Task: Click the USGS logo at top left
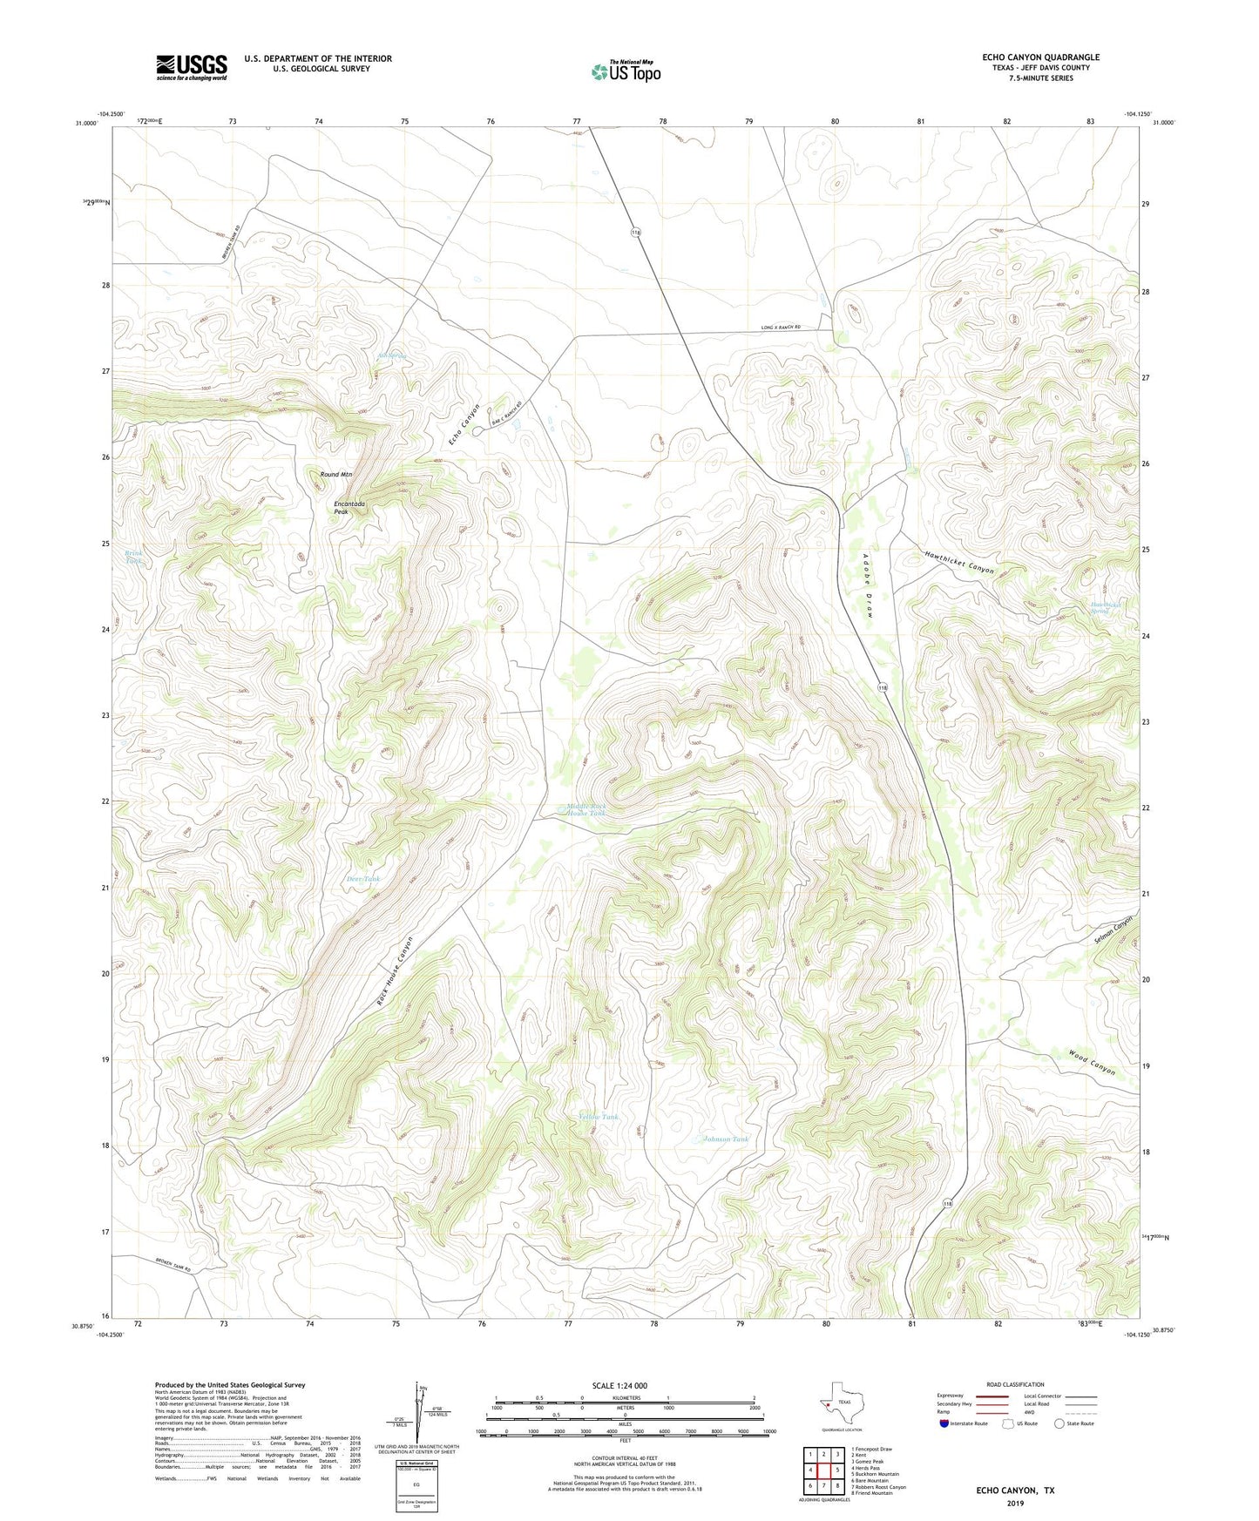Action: [x=192, y=67]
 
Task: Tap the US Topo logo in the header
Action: [x=626, y=71]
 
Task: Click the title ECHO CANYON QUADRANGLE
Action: [x=1040, y=57]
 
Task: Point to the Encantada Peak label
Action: [x=349, y=508]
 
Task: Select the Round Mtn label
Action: [x=336, y=475]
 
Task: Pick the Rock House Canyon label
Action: [x=395, y=972]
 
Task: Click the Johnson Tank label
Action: [x=726, y=1139]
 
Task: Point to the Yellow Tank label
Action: [x=599, y=1117]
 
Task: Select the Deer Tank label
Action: [x=363, y=879]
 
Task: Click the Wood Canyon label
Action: [x=1092, y=1063]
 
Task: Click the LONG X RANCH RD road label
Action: [x=780, y=328]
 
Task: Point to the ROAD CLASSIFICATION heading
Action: [x=1015, y=1384]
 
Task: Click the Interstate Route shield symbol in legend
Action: [x=944, y=1423]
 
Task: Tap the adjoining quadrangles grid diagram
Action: [x=823, y=1470]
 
